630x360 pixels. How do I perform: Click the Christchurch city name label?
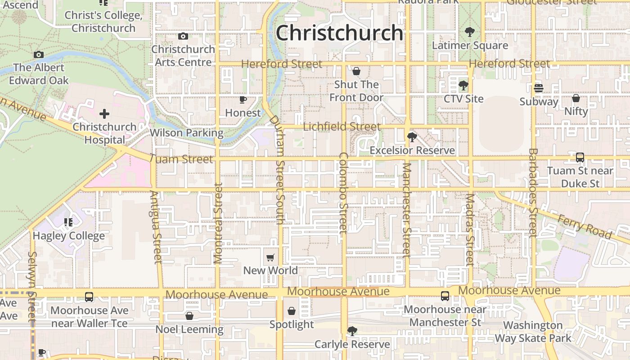(x=339, y=33)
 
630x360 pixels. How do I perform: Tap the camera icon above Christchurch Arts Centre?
(x=183, y=36)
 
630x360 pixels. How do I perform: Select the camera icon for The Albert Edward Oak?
(x=39, y=55)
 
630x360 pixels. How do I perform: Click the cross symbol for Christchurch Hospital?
(x=104, y=114)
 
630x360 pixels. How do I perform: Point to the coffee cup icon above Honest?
(x=243, y=99)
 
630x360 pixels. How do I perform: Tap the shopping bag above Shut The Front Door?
(x=356, y=71)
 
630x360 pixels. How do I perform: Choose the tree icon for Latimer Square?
(x=470, y=32)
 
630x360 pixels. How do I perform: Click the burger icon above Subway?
(x=539, y=88)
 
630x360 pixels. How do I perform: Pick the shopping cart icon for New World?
(x=270, y=257)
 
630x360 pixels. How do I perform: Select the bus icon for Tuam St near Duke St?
(x=580, y=157)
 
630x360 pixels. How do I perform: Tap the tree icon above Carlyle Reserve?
(x=352, y=331)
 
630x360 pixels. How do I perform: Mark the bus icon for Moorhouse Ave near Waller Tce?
(x=89, y=297)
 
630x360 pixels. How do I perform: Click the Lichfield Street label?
(x=342, y=127)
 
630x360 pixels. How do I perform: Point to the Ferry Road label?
(x=585, y=227)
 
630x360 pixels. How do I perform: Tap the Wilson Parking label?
(x=186, y=133)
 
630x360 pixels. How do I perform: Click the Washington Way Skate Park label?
(x=533, y=332)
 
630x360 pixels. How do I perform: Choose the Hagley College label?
(x=69, y=236)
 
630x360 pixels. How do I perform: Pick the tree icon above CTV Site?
(x=463, y=85)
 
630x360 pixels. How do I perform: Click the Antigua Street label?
(x=156, y=227)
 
